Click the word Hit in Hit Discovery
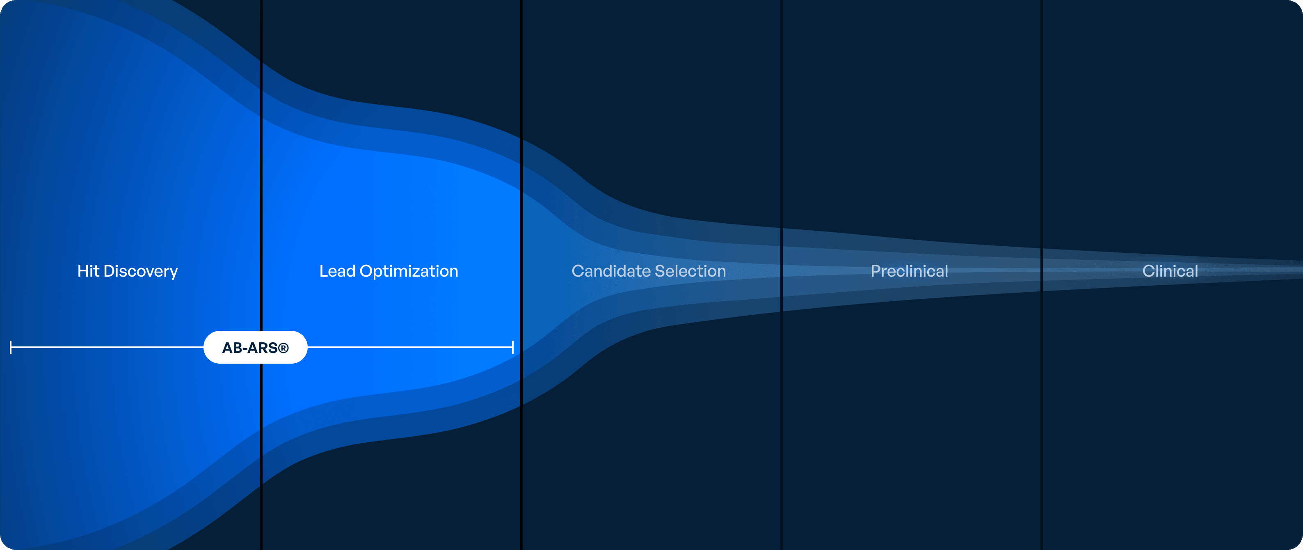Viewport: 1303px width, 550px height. (88, 271)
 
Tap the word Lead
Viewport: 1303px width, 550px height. (337, 271)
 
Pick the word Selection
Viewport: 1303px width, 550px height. (690, 271)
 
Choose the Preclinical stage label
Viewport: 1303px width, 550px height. (910, 271)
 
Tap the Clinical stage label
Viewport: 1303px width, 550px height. (1170, 271)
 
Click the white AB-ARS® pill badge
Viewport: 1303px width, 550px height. (256, 347)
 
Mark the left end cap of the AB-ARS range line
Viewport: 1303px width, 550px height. (11, 347)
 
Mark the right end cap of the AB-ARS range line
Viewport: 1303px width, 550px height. (513, 347)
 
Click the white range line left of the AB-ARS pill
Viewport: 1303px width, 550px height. (107, 347)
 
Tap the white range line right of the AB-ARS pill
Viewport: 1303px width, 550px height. (410, 347)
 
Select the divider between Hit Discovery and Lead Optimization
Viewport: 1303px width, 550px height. (261, 275)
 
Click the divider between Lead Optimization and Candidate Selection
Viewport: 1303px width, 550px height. (521, 275)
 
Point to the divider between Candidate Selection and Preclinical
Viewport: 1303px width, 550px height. (782, 275)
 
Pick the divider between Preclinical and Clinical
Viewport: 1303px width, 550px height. (1042, 275)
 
